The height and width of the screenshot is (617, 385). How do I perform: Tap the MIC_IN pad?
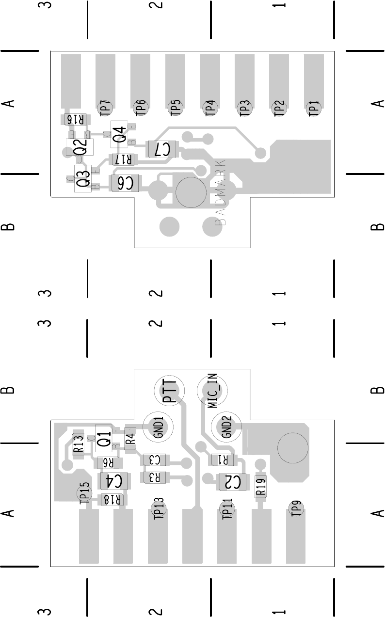pos(212,391)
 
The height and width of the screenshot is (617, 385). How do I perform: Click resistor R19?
pos(261,486)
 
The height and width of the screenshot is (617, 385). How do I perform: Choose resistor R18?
pos(112,500)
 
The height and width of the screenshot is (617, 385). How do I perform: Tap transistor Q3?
pos(83,178)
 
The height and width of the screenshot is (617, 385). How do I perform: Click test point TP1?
pos(314,108)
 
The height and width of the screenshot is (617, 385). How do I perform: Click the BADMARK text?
pos(221,191)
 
